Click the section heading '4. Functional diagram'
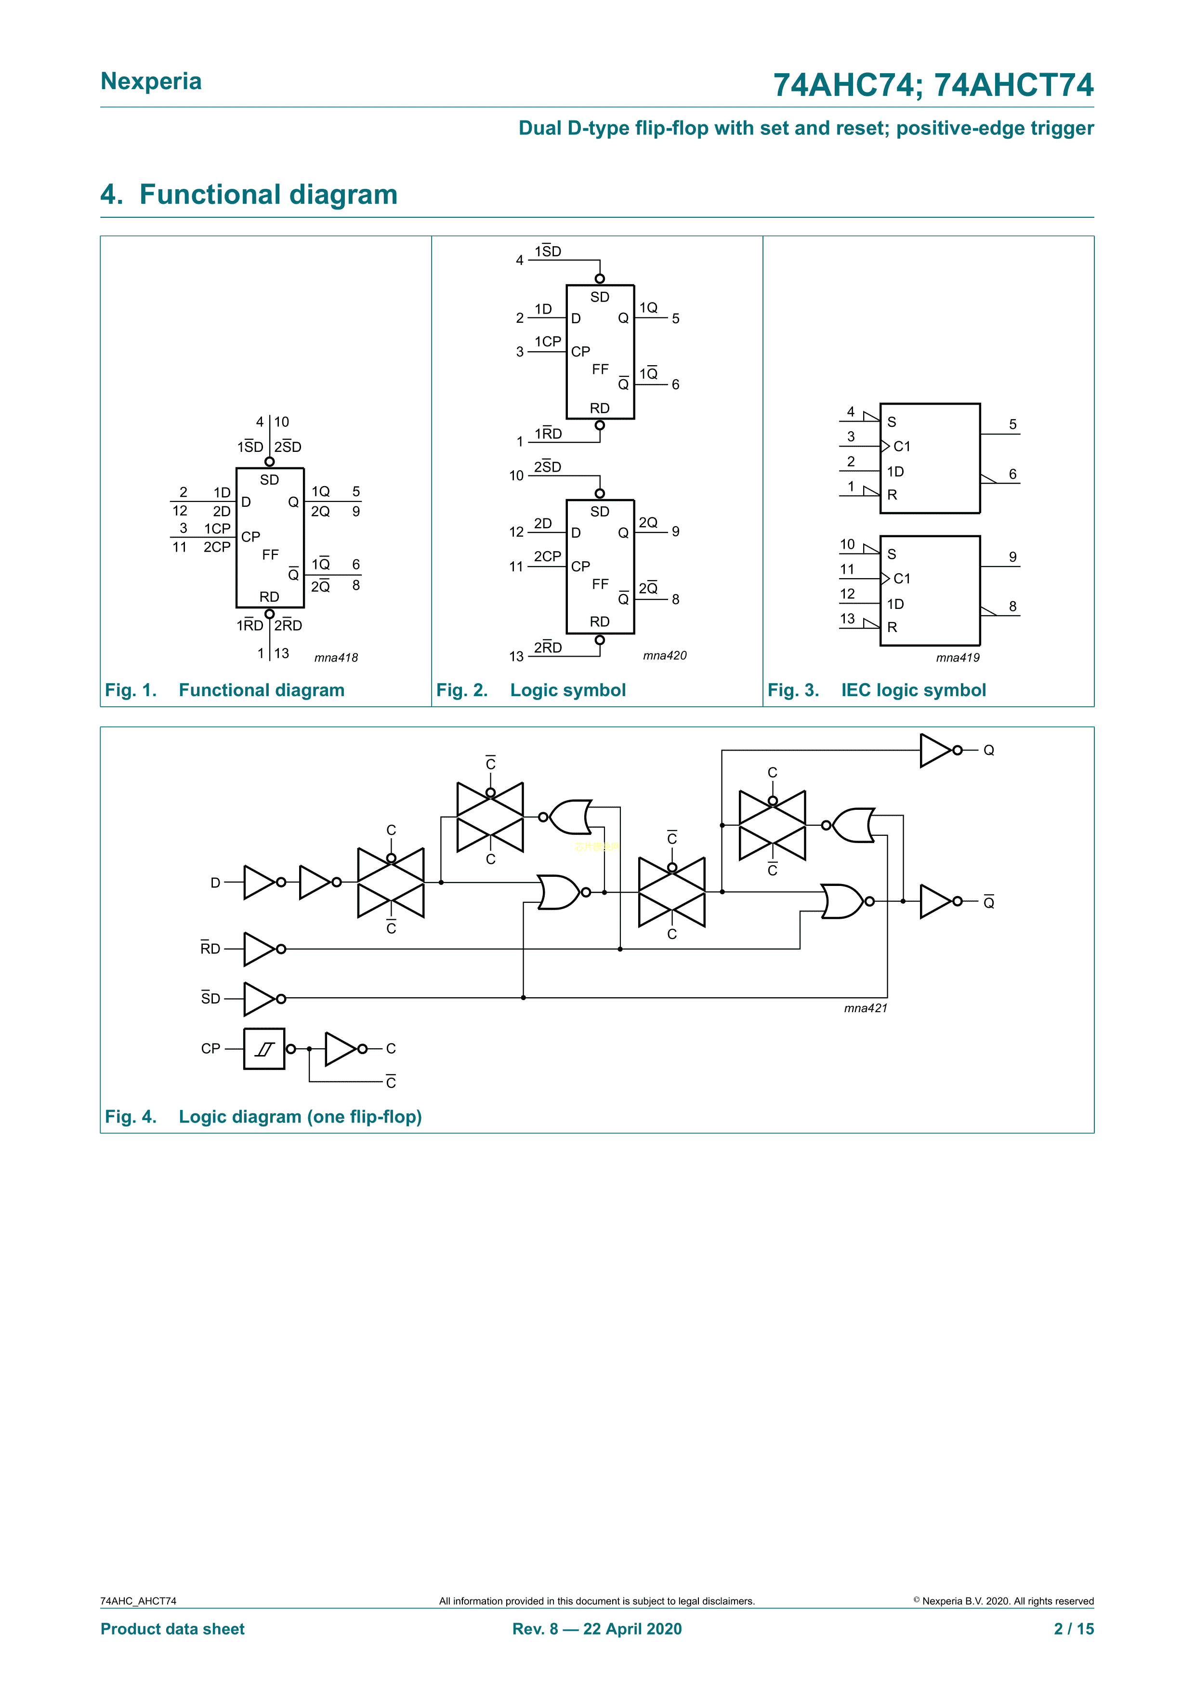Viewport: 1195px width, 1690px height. (x=249, y=194)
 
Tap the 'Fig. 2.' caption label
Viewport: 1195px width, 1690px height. (x=461, y=690)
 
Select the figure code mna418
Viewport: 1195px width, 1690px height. (x=336, y=657)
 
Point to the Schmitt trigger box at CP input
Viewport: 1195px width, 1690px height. (x=264, y=1048)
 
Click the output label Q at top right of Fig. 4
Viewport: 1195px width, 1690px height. (x=988, y=750)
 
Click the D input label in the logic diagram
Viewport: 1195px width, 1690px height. (x=215, y=883)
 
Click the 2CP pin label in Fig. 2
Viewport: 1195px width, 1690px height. (x=548, y=556)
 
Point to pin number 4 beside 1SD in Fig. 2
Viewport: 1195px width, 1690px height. (x=520, y=260)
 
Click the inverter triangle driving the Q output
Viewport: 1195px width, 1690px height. (x=935, y=750)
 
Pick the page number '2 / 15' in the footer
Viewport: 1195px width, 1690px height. (x=1074, y=1629)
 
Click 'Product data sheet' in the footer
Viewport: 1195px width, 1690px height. (x=172, y=1629)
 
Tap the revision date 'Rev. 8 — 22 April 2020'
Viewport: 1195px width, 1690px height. (x=597, y=1629)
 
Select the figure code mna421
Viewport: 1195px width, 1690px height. (x=866, y=1008)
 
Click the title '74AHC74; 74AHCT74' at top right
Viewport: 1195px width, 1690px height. (x=933, y=85)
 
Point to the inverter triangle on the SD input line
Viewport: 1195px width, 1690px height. (x=260, y=998)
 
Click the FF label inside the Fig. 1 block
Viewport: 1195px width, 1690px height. (x=270, y=554)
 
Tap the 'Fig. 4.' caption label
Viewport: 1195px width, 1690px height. (x=130, y=1117)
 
